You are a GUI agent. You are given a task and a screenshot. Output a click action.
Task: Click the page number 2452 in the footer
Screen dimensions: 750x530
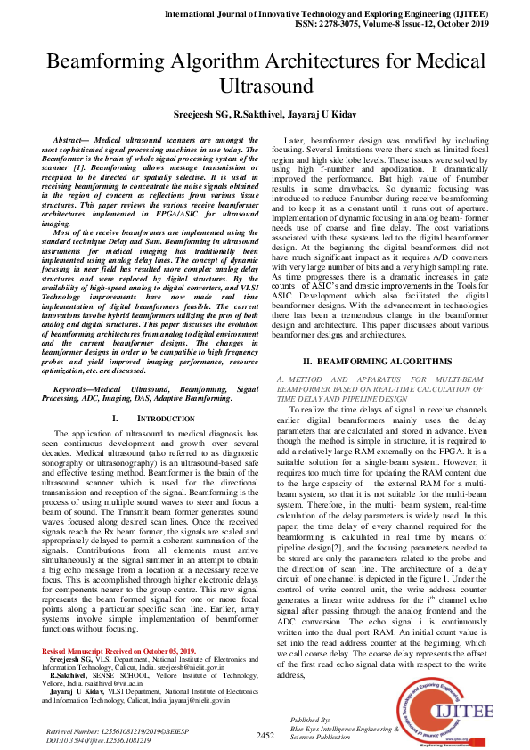tap(265, 735)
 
